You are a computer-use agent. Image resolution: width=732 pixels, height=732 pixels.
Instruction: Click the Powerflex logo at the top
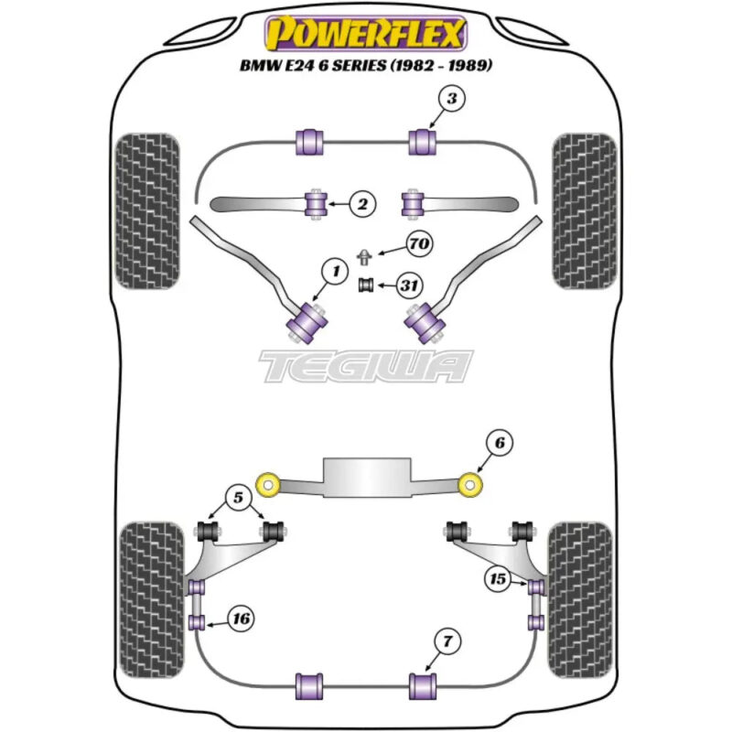click(365, 34)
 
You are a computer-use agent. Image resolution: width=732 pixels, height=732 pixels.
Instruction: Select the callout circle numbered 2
click(362, 205)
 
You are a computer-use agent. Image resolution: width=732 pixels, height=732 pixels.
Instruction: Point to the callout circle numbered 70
click(420, 245)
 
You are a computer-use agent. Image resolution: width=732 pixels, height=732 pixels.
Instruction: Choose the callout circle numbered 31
click(409, 286)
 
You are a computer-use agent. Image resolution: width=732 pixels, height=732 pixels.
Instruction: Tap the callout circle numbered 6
click(499, 444)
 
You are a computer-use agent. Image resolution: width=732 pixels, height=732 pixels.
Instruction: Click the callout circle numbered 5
click(238, 499)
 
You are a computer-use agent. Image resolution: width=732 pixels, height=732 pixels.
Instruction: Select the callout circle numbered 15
click(499, 580)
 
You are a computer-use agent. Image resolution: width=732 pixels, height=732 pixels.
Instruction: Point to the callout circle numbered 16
click(242, 619)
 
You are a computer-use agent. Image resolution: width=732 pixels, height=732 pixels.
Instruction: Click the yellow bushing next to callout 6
click(470, 482)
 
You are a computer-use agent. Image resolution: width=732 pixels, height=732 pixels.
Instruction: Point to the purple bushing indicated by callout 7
click(424, 684)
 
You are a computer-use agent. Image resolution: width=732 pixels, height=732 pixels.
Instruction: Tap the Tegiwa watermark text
click(366, 366)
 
